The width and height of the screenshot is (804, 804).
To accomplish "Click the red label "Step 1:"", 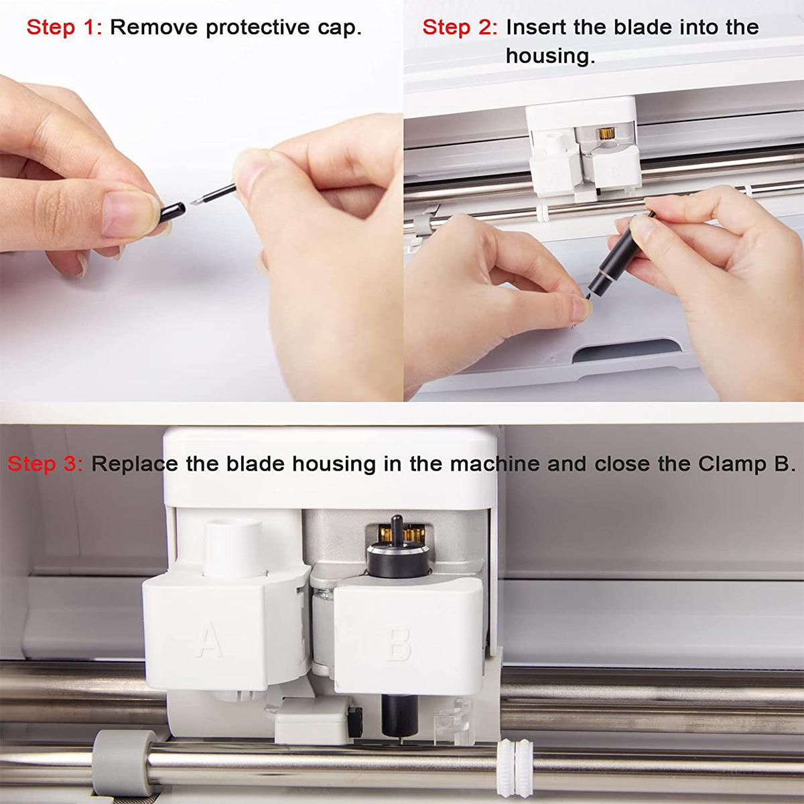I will pyautogui.click(x=64, y=27).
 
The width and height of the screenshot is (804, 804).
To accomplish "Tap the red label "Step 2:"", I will pyautogui.click(x=460, y=27).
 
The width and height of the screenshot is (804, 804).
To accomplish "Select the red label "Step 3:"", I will pyautogui.click(x=45, y=464).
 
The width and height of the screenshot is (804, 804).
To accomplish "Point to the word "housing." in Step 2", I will pyautogui.click(x=550, y=56).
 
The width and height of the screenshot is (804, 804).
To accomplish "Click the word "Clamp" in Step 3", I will pyautogui.click(x=732, y=464).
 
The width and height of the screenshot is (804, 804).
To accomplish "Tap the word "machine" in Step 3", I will pyautogui.click(x=494, y=464).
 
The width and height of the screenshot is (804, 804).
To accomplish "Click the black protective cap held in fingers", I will pyautogui.click(x=172, y=213).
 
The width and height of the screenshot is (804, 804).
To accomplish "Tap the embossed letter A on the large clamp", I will pyautogui.click(x=209, y=640).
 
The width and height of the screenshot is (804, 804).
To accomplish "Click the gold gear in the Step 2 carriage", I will pyautogui.click(x=607, y=133).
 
